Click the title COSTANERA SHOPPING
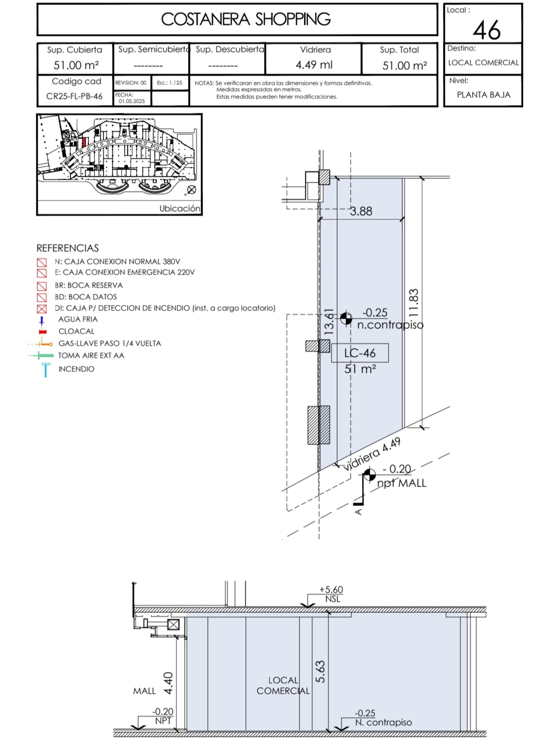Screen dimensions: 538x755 coord(245,19)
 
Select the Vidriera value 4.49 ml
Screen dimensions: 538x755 coord(314,65)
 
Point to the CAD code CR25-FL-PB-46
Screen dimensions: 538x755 coord(74,96)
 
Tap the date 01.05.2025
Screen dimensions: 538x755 coord(132,101)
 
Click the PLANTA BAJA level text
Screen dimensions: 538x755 coord(483,95)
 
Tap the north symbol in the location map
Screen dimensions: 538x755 coord(191,189)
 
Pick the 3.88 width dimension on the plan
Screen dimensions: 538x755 coord(361,211)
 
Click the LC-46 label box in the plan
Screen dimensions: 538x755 coord(360,353)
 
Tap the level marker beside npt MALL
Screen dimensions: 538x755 coord(370,475)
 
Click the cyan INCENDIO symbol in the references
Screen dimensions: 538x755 coord(45,370)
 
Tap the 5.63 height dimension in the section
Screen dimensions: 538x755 coord(320,672)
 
